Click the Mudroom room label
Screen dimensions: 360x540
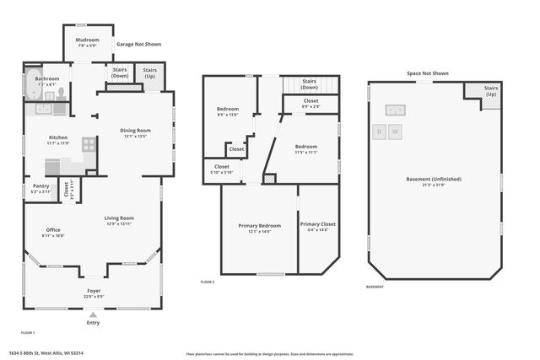click(88, 40)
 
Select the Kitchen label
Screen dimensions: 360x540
click(58, 137)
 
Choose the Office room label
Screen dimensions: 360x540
click(53, 229)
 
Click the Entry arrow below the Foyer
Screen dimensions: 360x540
click(93, 314)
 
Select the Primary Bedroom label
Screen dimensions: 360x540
click(259, 226)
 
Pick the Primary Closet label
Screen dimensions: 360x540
click(317, 226)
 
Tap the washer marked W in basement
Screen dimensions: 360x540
click(394, 132)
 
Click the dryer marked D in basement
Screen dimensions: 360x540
click(381, 132)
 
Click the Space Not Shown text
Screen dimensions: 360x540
click(427, 73)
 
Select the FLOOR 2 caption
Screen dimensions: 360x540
click(207, 282)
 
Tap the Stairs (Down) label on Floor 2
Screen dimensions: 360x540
click(309, 84)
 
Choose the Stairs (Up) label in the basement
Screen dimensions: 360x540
click(491, 90)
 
